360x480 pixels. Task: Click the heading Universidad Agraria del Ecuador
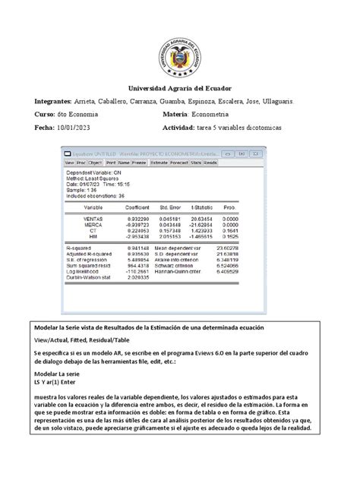point(180,88)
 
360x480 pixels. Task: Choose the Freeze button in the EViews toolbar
point(139,163)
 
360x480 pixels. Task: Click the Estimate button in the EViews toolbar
point(159,163)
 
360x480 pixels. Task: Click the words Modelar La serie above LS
point(57,374)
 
